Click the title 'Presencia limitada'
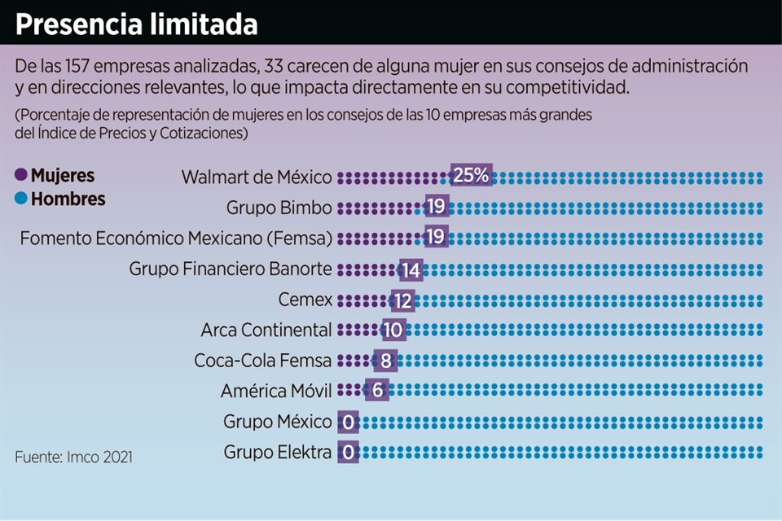coord(136,24)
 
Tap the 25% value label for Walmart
coord(472,176)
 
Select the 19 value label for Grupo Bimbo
coord(437,207)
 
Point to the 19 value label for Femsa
coord(437,238)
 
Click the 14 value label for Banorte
coord(411,269)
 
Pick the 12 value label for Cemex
coord(402,300)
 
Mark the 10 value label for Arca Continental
coord(393,330)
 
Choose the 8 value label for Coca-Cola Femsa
coord(384,361)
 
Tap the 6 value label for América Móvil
coord(376,391)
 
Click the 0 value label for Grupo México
coord(348,422)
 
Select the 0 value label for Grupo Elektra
coord(348,453)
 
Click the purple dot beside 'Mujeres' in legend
coord(20,176)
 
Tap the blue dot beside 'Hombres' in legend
coord(20,199)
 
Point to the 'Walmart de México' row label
coord(257,177)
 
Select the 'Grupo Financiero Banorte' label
coord(231,269)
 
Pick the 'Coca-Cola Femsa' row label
coord(263,361)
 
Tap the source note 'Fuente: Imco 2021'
coord(73,458)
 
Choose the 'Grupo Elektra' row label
coord(278,453)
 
